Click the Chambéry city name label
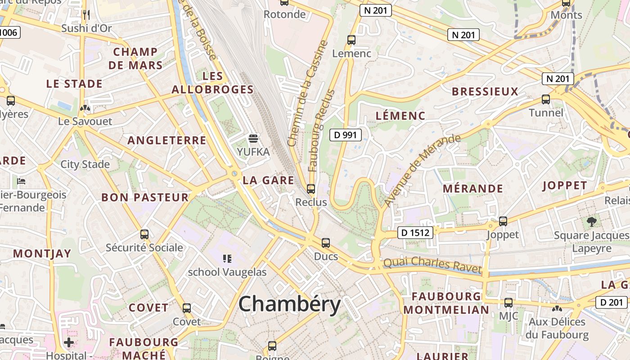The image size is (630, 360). click(x=289, y=305)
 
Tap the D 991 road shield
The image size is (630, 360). click(x=346, y=135)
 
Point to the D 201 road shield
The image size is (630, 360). click(x=612, y=303)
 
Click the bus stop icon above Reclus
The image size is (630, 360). click(x=311, y=189)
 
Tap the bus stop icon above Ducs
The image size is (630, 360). click(x=326, y=243)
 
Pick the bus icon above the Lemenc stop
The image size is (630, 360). click(x=351, y=40)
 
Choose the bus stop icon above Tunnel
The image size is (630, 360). click(x=546, y=99)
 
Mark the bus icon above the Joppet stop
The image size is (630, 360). click(x=503, y=221)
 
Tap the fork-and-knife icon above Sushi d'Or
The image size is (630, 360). click(x=86, y=15)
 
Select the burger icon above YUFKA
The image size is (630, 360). click(x=253, y=138)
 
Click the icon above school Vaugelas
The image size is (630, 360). click(x=227, y=259)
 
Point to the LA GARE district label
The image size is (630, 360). click(x=268, y=181)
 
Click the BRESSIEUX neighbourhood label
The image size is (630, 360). click(x=485, y=92)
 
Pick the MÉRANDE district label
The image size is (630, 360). click(x=473, y=189)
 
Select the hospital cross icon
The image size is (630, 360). click(x=68, y=343)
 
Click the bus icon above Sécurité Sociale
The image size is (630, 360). click(x=144, y=234)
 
